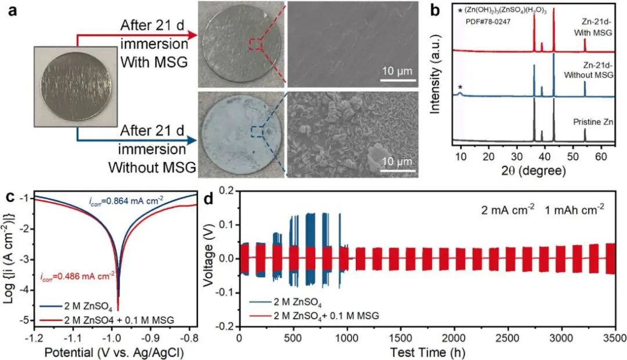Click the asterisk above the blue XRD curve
tap(460, 87)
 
